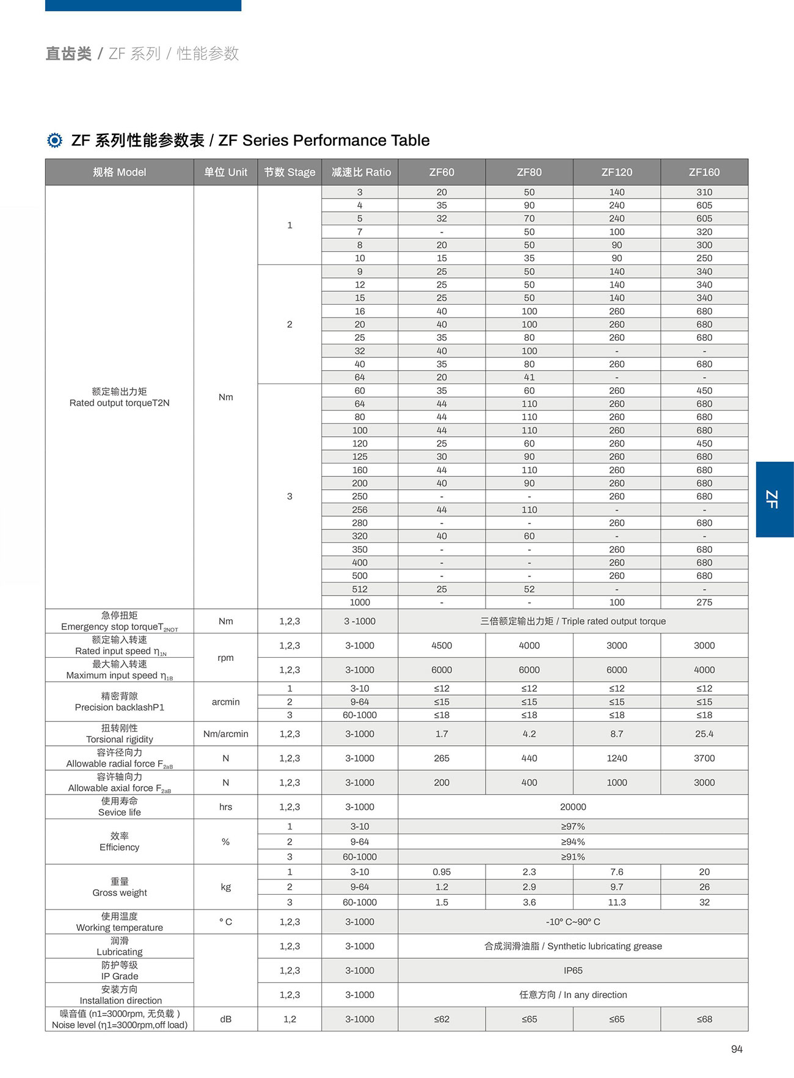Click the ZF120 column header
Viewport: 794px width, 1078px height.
tap(616, 172)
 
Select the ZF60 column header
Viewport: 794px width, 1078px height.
tap(442, 172)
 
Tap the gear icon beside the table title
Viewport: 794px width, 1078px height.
tap(54, 140)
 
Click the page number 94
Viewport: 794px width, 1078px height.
tap(737, 1049)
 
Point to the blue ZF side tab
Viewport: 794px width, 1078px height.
tap(774, 499)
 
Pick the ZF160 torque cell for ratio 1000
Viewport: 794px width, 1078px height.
tap(704, 602)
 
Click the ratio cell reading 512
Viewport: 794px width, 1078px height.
tap(360, 589)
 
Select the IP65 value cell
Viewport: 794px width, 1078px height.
tap(573, 971)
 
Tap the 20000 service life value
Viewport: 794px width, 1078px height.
tap(573, 807)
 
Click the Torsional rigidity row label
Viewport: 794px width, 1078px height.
tap(119, 734)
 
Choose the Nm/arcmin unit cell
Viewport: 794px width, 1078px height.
tap(225, 734)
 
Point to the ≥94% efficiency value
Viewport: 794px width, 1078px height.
tap(573, 842)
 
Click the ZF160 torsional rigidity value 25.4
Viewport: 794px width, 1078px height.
tap(704, 734)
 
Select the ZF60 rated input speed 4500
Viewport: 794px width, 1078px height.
tap(442, 646)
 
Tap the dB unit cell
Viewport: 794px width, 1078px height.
tap(225, 1019)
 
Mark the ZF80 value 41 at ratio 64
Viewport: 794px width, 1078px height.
tap(529, 377)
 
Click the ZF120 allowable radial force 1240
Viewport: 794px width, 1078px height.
tap(616, 758)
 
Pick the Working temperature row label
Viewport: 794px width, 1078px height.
tap(119, 922)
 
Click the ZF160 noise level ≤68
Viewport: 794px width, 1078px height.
tap(704, 1019)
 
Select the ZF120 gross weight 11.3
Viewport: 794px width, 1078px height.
tap(616, 902)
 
